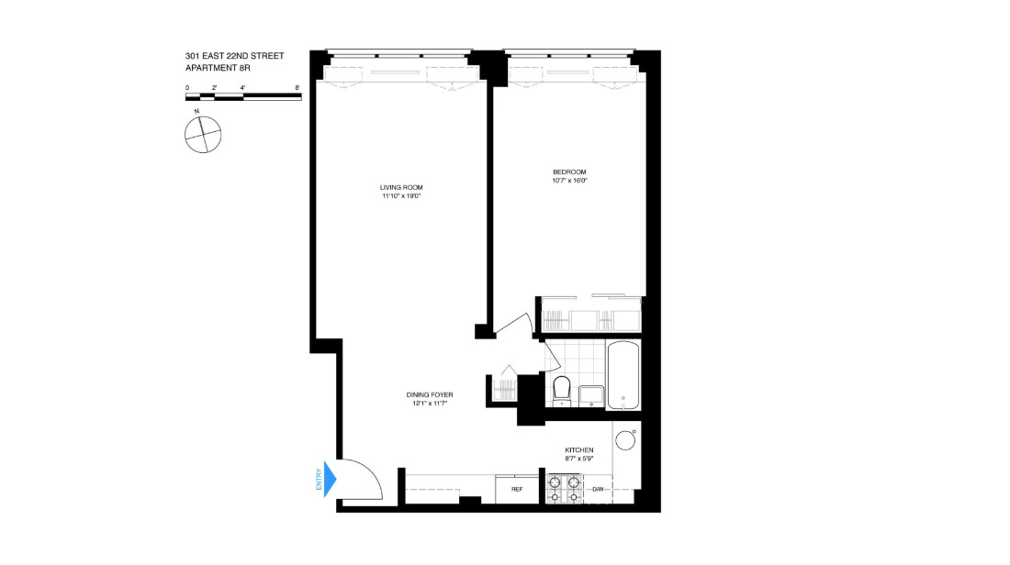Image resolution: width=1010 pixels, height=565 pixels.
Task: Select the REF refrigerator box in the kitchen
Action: click(517, 489)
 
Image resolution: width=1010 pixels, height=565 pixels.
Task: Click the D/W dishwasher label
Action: click(598, 489)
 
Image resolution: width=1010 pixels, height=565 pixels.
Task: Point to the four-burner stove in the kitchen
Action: click(564, 489)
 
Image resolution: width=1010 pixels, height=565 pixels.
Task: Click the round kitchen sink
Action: click(626, 440)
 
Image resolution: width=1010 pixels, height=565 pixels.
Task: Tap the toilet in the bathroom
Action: click(562, 388)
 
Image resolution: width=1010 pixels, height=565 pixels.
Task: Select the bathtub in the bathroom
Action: click(623, 375)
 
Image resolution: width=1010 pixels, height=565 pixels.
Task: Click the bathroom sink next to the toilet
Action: click(590, 395)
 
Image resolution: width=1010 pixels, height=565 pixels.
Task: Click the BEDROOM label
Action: click(568, 172)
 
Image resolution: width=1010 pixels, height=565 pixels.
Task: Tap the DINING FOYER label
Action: click(430, 395)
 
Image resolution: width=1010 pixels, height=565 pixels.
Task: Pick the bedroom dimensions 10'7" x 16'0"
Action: click(568, 181)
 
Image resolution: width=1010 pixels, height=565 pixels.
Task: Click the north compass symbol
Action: click(203, 135)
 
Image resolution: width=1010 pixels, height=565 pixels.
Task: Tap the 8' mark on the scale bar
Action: click(297, 88)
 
